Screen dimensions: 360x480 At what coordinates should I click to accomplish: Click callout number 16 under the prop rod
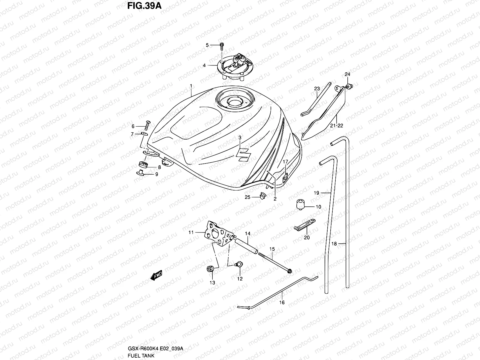click(x=282, y=302)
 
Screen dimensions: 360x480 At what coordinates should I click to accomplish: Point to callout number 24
click(x=347, y=74)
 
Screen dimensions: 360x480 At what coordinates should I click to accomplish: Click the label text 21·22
click(x=336, y=126)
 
